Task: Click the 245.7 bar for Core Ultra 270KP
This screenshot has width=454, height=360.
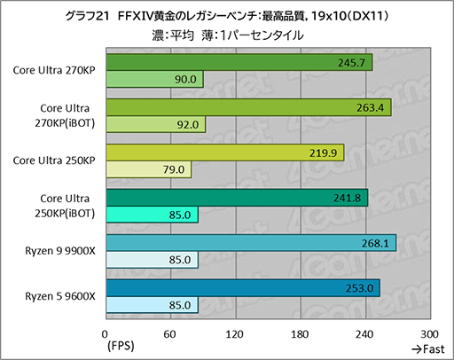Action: [239, 62]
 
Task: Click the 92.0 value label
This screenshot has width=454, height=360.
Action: [187, 125]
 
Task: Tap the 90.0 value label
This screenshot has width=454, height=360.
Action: [185, 80]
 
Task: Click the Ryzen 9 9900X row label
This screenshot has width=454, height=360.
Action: [60, 251]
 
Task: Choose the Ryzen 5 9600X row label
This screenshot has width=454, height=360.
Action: [60, 296]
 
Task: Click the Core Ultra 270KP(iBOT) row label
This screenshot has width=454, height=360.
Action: [62, 115]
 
